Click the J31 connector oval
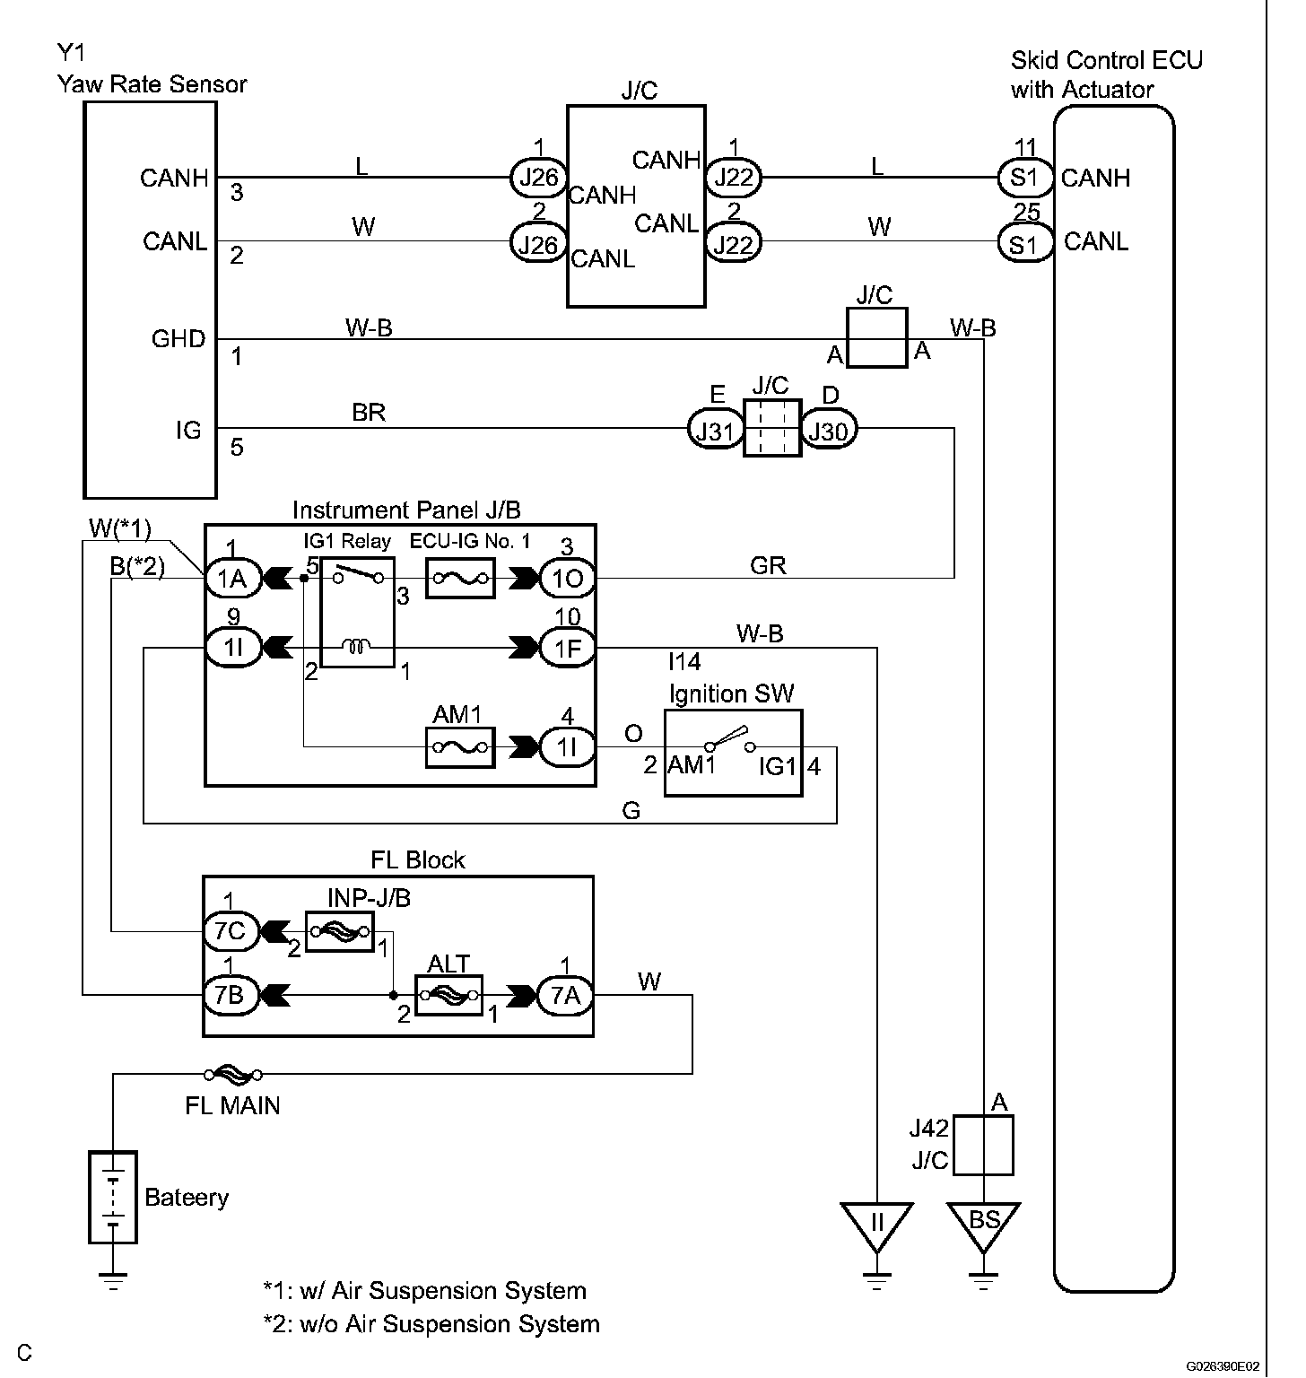pos(714,432)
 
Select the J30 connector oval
pos(828,432)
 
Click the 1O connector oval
pos(568,579)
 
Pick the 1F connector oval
pos(568,647)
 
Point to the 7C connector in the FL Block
pos(230,931)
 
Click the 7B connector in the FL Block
pos(230,994)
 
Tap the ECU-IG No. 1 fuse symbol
pos(460,579)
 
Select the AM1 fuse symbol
pos(459,746)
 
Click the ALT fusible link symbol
pos(448,994)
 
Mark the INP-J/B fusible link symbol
pos(339,931)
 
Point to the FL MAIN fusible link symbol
pos(233,1073)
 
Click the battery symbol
pos(113,1197)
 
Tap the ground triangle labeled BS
pos(984,1224)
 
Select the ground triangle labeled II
pos(876,1224)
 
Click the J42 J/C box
pos(983,1145)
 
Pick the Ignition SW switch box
pos(733,753)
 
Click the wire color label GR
pos(768,565)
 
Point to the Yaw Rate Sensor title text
pos(152,84)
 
